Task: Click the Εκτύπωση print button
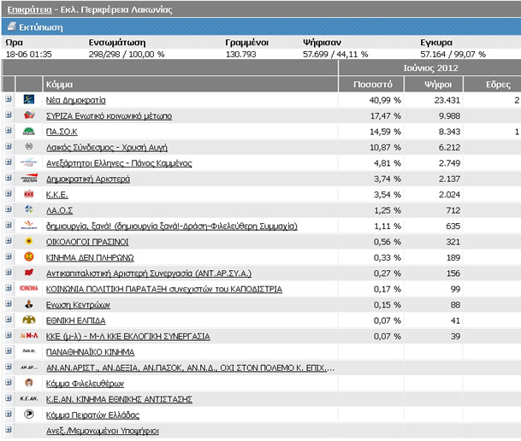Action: click(x=35, y=26)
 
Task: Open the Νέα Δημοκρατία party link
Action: click(x=76, y=100)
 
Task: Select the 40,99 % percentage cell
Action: click(x=385, y=100)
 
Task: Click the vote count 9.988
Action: click(x=449, y=116)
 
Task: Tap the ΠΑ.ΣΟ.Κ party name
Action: click(x=62, y=132)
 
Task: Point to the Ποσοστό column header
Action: click(x=373, y=85)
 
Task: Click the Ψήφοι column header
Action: click(x=438, y=85)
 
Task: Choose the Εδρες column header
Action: click(x=498, y=85)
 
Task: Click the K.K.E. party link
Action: click(x=56, y=195)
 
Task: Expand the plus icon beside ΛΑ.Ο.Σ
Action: click(x=9, y=209)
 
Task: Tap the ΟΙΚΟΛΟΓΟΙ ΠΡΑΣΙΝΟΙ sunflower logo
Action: click(x=29, y=241)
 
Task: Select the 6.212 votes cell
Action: click(x=449, y=148)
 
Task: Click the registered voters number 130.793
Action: click(x=241, y=54)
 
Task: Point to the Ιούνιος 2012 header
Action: click(x=430, y=68)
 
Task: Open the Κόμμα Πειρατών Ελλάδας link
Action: click(x=92, y=415)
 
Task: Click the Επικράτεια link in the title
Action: click(x=30, y=9)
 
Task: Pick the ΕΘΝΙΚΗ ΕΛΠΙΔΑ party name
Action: click(x=76, y=320)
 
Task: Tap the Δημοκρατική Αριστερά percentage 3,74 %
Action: click(x=388, y=179)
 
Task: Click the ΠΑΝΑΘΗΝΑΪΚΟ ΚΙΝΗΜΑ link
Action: click(x=90, y=352)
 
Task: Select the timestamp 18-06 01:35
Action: click(x=29, y=54)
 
